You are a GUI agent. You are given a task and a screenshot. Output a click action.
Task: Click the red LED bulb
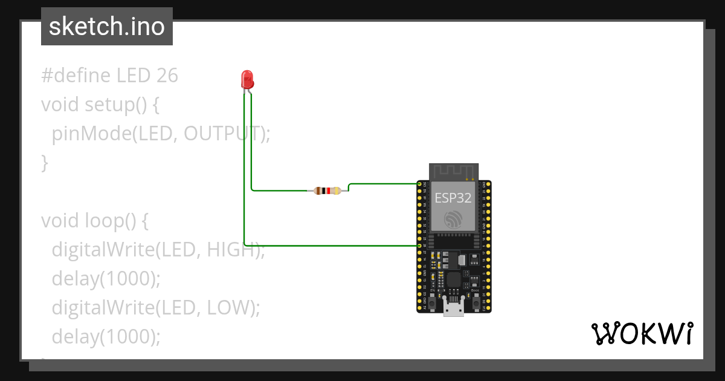247,79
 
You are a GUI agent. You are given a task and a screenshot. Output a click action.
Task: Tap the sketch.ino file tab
107,27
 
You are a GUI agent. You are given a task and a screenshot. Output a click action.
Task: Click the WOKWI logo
642,334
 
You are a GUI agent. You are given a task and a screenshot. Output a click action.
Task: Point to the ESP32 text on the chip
453,197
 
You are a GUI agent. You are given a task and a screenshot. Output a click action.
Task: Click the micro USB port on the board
453,309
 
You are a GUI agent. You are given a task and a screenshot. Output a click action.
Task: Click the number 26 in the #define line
167,76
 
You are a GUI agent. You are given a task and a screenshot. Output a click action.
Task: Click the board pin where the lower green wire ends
420,246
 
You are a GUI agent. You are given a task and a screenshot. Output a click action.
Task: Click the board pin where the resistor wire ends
420,183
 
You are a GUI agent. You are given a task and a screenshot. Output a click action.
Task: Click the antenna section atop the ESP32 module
454,172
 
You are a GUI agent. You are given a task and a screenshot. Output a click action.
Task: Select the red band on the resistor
329,191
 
